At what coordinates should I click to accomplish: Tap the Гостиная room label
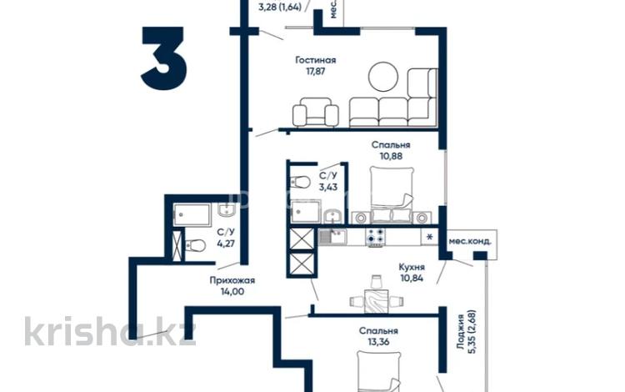[x=316, y=60]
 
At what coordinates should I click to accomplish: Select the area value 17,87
[x=316, y=72]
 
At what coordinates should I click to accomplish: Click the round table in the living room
[x=385, y=77]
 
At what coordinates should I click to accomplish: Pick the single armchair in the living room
[x=317, y=111]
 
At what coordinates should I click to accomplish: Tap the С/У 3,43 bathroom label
[x=328, y=181]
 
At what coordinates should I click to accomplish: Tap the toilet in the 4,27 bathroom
[x=196, y=245]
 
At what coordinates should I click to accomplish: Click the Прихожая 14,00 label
[x=232, y=286]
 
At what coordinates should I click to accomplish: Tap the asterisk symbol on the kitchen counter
[x=429, y=238]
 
